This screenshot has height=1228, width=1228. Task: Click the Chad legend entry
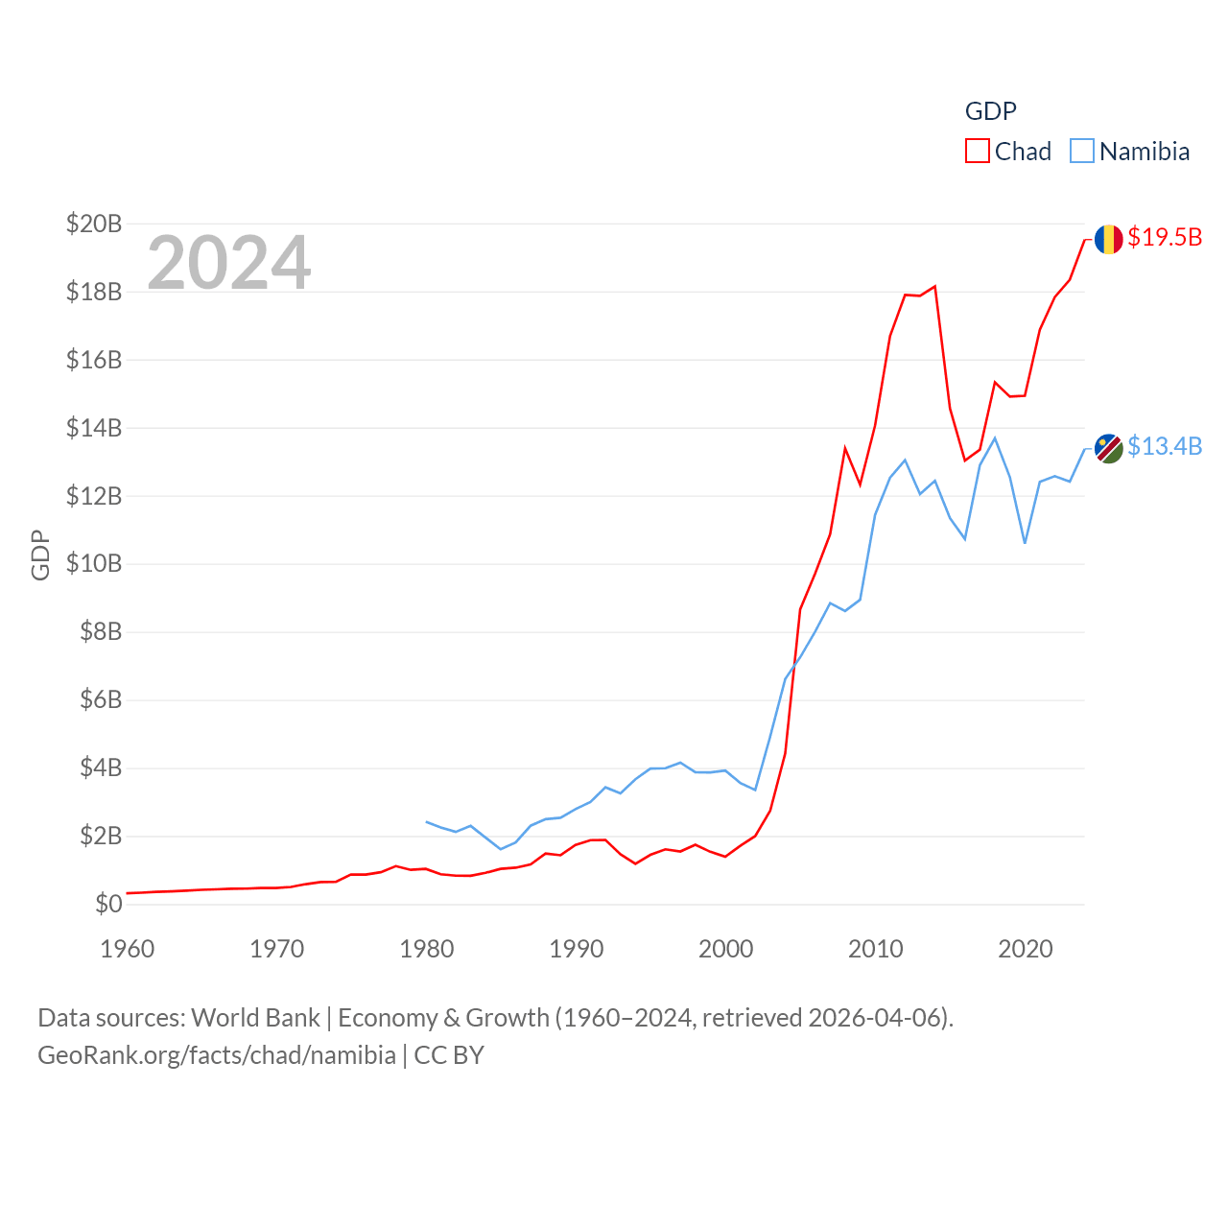[x=1008, y=152]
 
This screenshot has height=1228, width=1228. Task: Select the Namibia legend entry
[x=1130, y=152]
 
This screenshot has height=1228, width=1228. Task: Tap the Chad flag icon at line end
[x=1108, y=239]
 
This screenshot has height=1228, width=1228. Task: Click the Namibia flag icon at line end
[x=1108, y=448]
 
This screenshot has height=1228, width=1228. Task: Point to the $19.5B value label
[x=1165, y=237]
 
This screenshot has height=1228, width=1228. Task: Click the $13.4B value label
[x=1165, y=446]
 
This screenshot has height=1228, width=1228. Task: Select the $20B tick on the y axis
[x=94, y=224]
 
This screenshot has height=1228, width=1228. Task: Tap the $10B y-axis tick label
[x=94, y=563]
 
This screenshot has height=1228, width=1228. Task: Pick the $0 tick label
[x=108, y=904]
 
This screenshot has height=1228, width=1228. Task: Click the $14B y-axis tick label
[x=94, y=428]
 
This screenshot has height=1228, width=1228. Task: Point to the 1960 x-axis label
[x=128, y=949]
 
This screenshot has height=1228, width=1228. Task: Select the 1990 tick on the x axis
[x=577, y=949]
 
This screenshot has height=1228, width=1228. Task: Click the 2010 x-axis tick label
[x=876, y=949]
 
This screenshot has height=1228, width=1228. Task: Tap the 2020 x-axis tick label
[x=1026, y=949]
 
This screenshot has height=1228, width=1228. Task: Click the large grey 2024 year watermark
[x=229, y=262]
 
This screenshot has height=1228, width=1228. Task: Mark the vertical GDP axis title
[x=40, y=555]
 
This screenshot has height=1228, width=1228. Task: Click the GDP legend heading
[x=990, y=111]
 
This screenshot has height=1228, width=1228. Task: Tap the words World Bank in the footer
[x=256, y=1017]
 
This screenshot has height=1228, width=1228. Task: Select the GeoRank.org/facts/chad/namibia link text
[x=217, y=1055]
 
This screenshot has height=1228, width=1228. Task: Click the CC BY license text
[x=449, y=1055]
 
